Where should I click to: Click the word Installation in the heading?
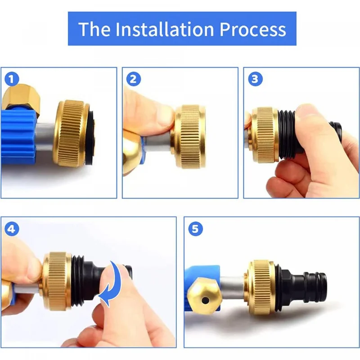(x=165, y=29)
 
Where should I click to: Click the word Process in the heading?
(x=253, y=29)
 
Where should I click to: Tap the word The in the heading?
(x=94, y=29)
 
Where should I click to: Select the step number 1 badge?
(x=12, y=79)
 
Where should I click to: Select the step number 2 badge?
(x=133, y=79)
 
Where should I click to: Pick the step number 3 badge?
(x=255, y=79)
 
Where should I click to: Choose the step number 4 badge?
(x=12, y=229)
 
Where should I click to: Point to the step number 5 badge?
(x=195, y=229)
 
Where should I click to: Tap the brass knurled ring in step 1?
(x=71, y=133)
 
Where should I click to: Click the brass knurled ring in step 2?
(x=189, y=137)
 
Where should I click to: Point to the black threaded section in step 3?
(x=287, y=134)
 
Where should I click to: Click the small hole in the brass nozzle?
(x=205, y=300)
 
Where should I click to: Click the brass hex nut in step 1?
(x=22, y=98)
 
